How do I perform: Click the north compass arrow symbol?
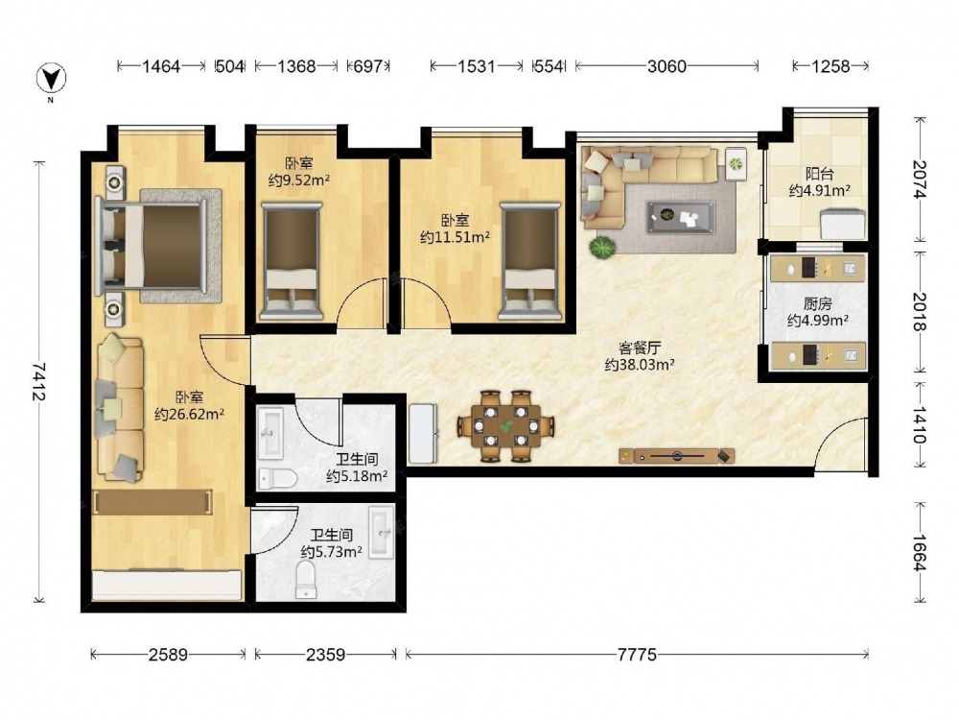coord(52,79)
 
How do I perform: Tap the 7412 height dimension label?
coord(39,382)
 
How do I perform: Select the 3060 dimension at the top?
coord(667,66)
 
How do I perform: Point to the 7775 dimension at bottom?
coord(637,655)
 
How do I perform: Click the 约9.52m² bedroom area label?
coord(299,180)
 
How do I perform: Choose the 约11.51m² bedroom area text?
coord(455,237)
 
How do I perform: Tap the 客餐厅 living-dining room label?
coord(640,348)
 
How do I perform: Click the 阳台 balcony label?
coord(820,174)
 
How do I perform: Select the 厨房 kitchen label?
coord(818,303)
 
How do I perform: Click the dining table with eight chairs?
coord(506,426)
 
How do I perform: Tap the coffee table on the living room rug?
coord(681,217)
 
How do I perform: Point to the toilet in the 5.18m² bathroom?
coord(277,479)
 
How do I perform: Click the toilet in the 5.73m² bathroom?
coord(306,580)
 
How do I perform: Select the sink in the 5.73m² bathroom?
coord(381,532)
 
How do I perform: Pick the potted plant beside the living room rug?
coord(602,248)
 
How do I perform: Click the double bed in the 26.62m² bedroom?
coord(151,246)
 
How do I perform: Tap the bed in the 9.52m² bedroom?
coord(292,261)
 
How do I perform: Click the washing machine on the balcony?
coord(843,224)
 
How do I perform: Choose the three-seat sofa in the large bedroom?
coord(121,407)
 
